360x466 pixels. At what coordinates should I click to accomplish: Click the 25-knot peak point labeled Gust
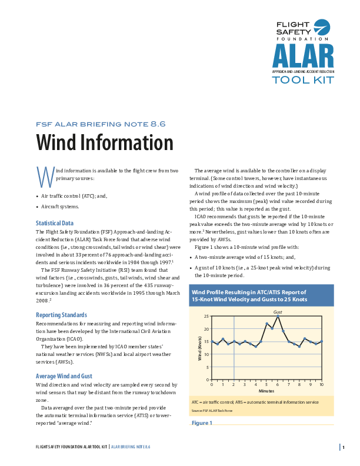click(x=278, y=316)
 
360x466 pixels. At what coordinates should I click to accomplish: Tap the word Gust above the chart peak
click(x=278, y=311)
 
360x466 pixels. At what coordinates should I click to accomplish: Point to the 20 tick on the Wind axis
click(x=206, y=329)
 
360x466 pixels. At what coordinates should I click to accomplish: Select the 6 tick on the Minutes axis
click(x=278, y=384)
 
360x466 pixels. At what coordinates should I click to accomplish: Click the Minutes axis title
click(x=266, y=391)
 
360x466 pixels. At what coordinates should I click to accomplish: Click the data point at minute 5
click(x=266, y=324)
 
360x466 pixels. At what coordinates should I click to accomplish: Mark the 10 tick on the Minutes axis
click(x=321, y=384)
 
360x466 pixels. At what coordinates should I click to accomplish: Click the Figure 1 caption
click(x=202, y=423)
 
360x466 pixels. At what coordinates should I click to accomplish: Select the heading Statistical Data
click(x=55, y=223)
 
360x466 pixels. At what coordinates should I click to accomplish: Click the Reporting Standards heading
click(x=61, y=315)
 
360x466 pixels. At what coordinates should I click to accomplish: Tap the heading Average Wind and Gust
click(x=64, y=375)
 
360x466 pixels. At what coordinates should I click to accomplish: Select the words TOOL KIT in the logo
click(x=302, y=79)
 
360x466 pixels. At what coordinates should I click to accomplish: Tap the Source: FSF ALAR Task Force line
click(x=212, y=410)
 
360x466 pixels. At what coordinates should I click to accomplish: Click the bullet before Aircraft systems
click(x=37, y=207)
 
